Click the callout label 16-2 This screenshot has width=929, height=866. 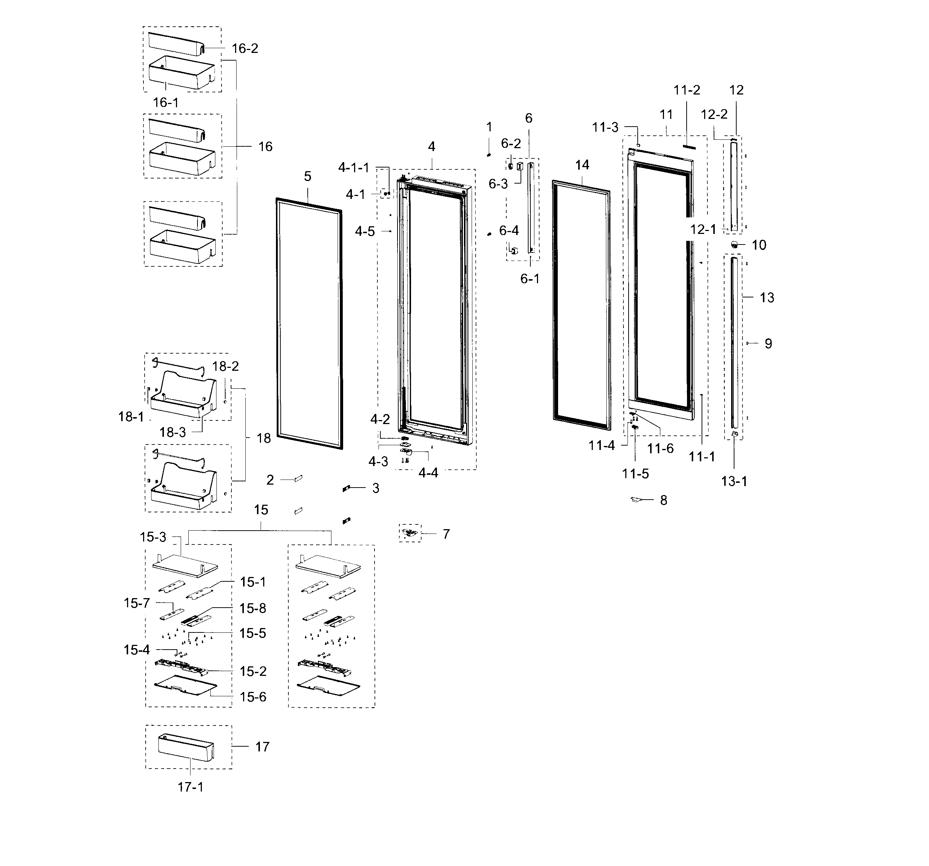[245, 49]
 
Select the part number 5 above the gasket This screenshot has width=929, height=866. [307, 177]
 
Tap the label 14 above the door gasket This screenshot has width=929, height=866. [582, 165]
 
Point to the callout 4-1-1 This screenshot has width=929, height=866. [353, 167]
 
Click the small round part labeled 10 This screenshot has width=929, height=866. [734, 244]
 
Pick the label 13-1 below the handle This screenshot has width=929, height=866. [734, 481]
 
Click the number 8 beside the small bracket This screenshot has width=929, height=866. [664, 500]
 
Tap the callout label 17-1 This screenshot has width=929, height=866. [190, 787]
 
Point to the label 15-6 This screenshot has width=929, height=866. [253, 697]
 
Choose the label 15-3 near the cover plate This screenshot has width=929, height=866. [153, 537]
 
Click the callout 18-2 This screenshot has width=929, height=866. [225, 366]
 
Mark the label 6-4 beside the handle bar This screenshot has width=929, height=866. [509, 230]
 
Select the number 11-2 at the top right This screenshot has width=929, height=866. [687, 90]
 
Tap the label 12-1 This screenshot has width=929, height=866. [703, 229]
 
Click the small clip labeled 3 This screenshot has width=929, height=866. [346, 489]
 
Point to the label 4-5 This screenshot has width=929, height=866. [365, 231]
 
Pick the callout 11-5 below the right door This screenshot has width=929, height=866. [635, 474]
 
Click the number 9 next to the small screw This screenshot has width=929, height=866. [768, 344]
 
